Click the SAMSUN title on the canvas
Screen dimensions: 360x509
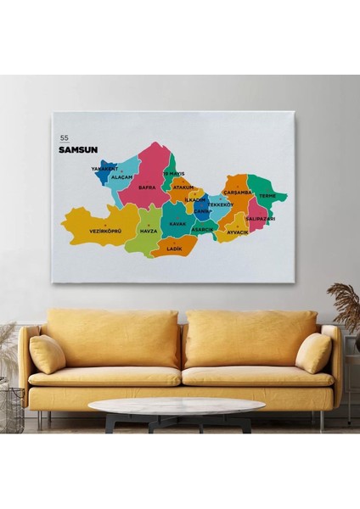coord(78,150)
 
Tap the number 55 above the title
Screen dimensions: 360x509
coord(64,137)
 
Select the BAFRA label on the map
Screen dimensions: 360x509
coord(147,187)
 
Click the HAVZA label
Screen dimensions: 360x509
coord(149,231)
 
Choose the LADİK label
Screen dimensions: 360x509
coord(175,249)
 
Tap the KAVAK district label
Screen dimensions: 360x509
coord(177,223)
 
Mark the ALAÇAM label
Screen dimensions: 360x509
coord(122,177)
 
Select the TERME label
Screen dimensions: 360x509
coord(267,196)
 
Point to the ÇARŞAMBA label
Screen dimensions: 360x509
coord(239,192)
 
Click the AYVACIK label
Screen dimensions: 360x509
coord(237,232)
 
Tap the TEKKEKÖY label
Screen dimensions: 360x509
coord(221,204)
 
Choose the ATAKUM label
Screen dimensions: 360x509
coord(183,187)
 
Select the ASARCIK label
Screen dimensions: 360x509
coord(203,229)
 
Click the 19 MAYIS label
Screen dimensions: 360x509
coord(173,173)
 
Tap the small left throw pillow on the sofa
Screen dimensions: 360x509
coord(48,354)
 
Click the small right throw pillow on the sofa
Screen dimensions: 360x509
coord(313,353)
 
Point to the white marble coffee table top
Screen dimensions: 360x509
coord(177,407)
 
